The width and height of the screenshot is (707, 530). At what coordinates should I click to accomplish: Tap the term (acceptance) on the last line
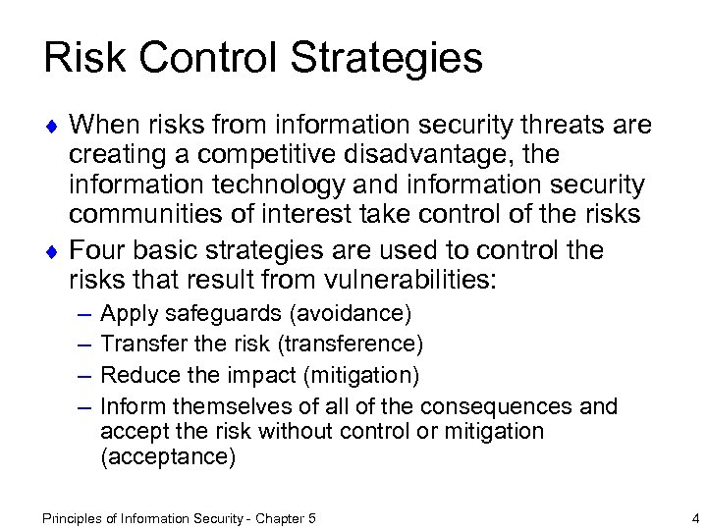coord(168,457)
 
